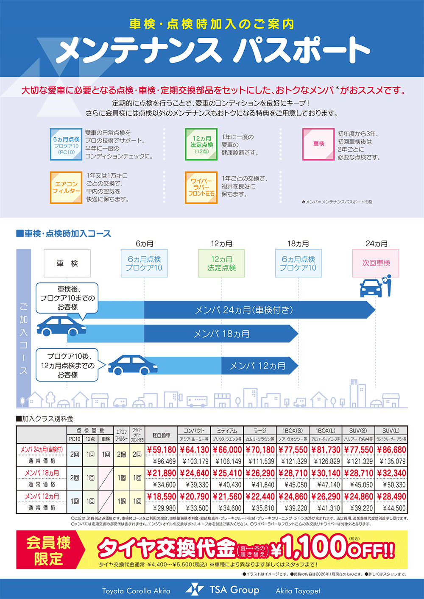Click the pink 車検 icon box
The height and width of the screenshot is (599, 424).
pos(318,144)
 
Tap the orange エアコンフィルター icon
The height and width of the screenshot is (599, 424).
pos(66,187)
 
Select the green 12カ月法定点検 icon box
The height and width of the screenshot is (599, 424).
pos(201,144)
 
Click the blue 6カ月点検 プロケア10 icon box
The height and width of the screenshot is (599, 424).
pos(66,144)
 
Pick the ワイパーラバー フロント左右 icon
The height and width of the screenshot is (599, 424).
pos(201,187)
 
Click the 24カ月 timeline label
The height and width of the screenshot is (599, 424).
pos(376,244)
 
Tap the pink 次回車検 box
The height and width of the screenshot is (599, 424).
pos(376,263)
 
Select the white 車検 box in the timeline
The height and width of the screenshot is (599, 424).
pos(67,263)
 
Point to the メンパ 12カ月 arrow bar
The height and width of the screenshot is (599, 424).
pos(257,366)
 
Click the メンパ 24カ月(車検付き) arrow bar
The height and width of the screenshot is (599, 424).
pos(244,310)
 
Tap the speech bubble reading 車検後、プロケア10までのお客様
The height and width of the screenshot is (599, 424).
pos(67,298)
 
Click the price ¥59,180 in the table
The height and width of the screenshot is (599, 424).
pos(161,450)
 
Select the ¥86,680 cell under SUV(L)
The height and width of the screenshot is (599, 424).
pos(391,450)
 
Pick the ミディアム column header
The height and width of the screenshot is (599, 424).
pos(227,430)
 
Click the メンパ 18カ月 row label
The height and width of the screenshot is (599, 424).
pos(42,473)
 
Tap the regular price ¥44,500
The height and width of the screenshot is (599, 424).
pos(394,508)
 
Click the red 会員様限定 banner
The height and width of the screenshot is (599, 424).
pos(49,550)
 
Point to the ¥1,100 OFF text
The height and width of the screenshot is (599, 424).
pos(333,548)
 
